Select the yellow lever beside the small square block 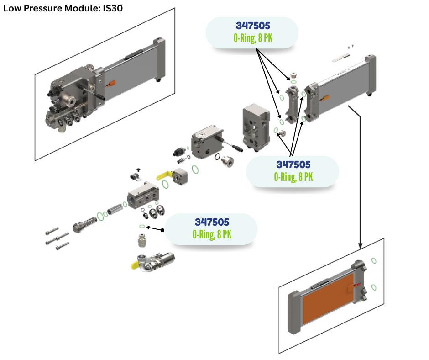(165, 174)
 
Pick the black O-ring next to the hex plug (219, 159)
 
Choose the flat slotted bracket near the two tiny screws (340, 58)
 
